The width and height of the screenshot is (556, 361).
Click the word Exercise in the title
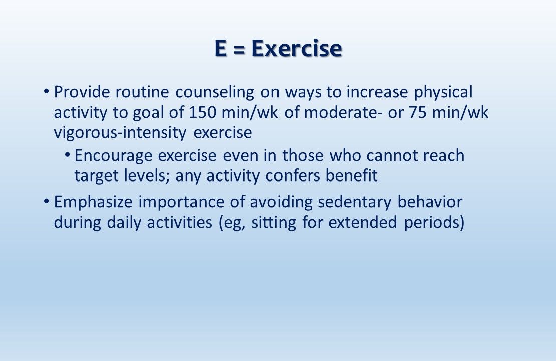pyautogui.click(x=297, y=49)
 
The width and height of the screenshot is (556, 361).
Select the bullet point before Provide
pyautogui.click(x=46, y=92)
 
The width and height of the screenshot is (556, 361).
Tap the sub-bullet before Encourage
pyautogui.click(x=67, y=155)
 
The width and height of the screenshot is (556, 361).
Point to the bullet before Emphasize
pyautogui.click(x=46, y=201)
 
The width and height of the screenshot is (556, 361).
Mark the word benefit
pyautogui.click(x=352, y=176)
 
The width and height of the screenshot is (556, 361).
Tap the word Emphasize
pyautogui.click(x=94, y=202)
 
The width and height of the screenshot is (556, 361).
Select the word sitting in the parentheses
pyautogui.click(x=275, y=222)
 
